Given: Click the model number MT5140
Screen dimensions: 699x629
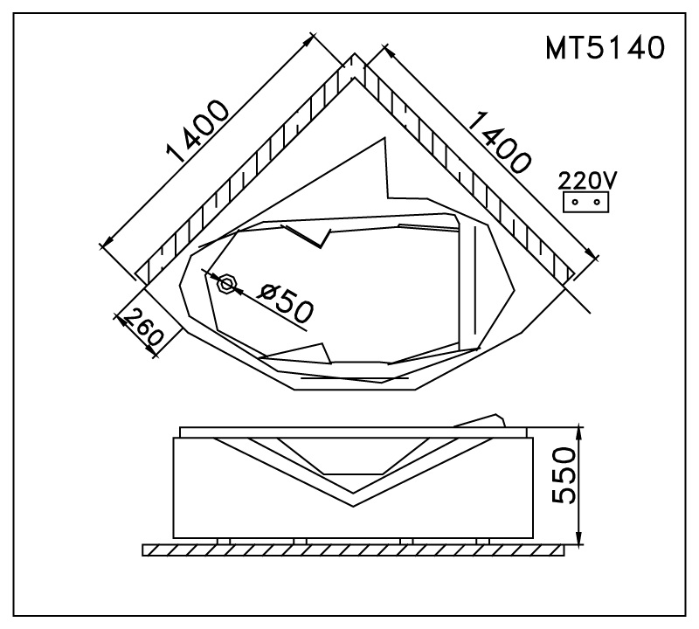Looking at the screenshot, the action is [605, 48].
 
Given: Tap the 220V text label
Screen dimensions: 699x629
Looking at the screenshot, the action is [587, 181].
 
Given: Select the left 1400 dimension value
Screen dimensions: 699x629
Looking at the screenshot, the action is [198, 131].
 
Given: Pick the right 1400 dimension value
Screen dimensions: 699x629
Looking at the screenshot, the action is [500, 142].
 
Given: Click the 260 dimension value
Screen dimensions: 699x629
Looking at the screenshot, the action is [142, 328].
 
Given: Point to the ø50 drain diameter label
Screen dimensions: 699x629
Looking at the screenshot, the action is [287, 303].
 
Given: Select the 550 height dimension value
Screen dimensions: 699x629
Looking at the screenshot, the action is [564, 475].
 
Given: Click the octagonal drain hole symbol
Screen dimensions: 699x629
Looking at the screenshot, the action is [226, 284].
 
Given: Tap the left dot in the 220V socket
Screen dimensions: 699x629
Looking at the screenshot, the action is [575, 203].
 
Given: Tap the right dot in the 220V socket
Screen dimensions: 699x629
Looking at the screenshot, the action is [597, 203].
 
